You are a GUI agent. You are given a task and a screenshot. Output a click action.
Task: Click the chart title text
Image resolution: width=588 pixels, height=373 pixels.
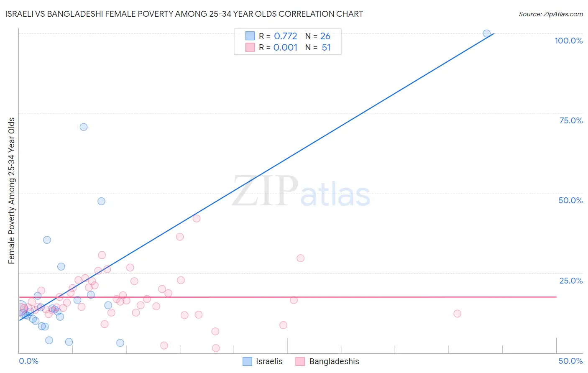pos(184,14)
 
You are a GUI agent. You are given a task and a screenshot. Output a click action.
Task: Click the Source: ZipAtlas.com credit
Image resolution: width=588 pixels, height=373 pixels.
pos(550,14)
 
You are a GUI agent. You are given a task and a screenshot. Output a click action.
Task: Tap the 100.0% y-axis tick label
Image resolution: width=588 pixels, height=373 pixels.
pos(568,41)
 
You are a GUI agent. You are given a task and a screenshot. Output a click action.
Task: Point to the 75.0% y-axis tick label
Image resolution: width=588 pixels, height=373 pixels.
pos(571,120)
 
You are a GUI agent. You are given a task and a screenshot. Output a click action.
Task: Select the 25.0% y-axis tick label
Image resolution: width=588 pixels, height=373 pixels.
pos(571,281)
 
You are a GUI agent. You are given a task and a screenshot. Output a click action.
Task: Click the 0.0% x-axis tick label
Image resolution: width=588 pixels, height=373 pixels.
pos(28,361)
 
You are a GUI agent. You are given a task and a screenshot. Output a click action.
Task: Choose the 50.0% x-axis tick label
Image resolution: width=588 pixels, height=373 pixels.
pos(570,361)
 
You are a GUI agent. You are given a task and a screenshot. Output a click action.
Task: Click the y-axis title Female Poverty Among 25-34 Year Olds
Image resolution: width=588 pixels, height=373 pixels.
pos(11,191)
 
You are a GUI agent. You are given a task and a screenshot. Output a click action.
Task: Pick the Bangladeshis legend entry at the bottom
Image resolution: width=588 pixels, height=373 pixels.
pos(327,361)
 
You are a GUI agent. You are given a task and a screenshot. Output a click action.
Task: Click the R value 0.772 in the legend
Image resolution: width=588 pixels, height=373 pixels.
pos(285,36)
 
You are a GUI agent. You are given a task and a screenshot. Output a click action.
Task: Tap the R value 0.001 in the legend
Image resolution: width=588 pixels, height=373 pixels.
pos(285,48)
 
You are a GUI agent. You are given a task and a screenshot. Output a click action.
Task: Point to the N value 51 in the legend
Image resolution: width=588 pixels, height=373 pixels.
pos(326,48)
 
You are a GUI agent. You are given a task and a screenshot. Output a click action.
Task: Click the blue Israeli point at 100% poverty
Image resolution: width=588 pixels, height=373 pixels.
pos(486,33)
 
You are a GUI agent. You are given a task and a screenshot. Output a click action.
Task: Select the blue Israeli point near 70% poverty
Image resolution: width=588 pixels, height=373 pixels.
pos(84,127)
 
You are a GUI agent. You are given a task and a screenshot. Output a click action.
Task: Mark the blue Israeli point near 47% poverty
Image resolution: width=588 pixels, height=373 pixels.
pos(101,201)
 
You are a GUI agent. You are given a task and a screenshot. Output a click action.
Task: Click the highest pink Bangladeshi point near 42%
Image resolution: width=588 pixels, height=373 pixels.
pos(197,218)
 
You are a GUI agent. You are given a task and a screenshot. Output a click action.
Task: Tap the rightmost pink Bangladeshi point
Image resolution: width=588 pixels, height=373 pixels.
pos(457,314)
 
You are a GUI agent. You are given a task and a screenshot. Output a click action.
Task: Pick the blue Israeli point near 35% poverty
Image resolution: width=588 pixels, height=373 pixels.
pos(47,240)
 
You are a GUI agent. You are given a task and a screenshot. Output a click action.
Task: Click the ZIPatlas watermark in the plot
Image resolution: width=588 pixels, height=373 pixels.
pos(301,192)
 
